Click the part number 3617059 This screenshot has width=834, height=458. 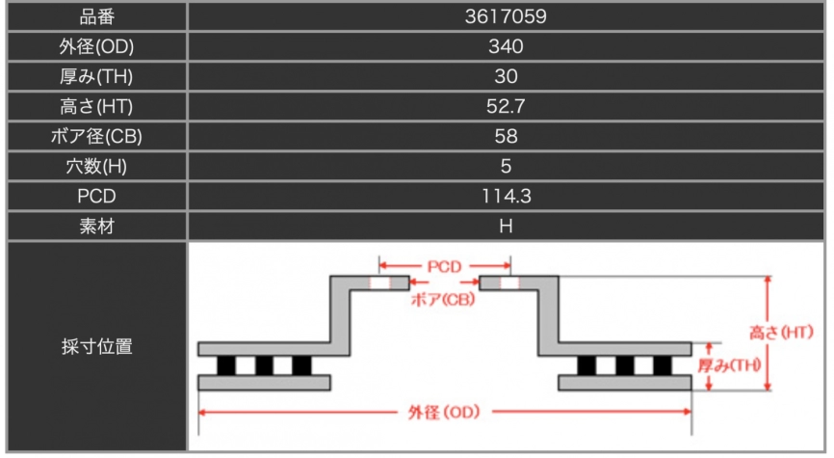point(507,16)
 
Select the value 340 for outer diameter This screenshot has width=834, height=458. point(507,46)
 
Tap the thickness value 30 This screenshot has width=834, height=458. point(507,76)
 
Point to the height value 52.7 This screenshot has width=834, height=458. point(507,106)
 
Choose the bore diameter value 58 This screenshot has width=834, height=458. point(507,136)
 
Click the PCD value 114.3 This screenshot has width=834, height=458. point(507,196)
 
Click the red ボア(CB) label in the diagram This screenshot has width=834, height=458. point(441,300)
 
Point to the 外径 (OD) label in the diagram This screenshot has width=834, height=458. point(444,412)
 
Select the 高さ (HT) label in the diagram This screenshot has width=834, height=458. point(781,333)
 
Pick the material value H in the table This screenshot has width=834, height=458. point(507,226)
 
